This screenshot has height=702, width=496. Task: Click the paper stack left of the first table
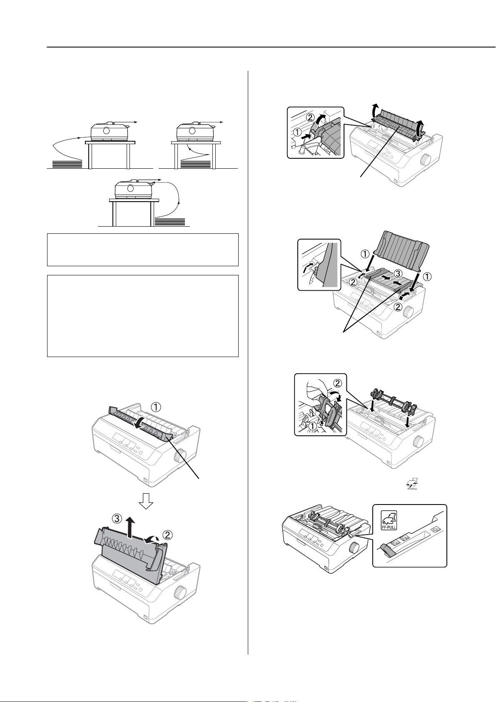[67, 164]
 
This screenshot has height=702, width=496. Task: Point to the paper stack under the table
[196, 164]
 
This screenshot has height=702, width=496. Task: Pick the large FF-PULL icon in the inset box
[389, 520]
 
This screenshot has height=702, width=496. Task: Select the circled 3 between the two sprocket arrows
[397, 274]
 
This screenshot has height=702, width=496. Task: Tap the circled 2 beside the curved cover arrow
[168, 535]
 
